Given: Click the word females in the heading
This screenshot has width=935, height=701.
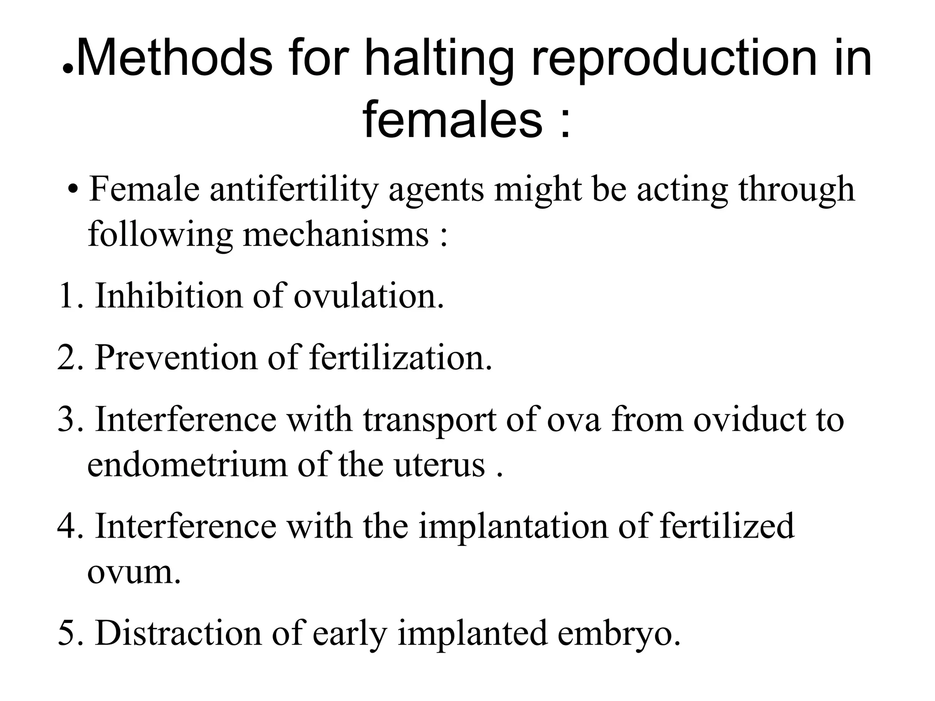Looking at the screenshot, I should (x=452, y=120).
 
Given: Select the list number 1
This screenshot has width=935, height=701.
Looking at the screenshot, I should (x=68, y=296).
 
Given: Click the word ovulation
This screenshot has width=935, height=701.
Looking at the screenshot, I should (x=368, y=296).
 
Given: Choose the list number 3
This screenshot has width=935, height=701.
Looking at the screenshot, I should (x=68, y=419).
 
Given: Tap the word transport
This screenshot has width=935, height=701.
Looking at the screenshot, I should (x=430, y=419).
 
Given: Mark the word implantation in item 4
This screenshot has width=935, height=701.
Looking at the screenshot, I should (x=513, y=526).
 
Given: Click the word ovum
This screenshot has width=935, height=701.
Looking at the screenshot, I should (x=133, y=572).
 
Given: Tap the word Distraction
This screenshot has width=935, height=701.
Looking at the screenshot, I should (x=178, y=633).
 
